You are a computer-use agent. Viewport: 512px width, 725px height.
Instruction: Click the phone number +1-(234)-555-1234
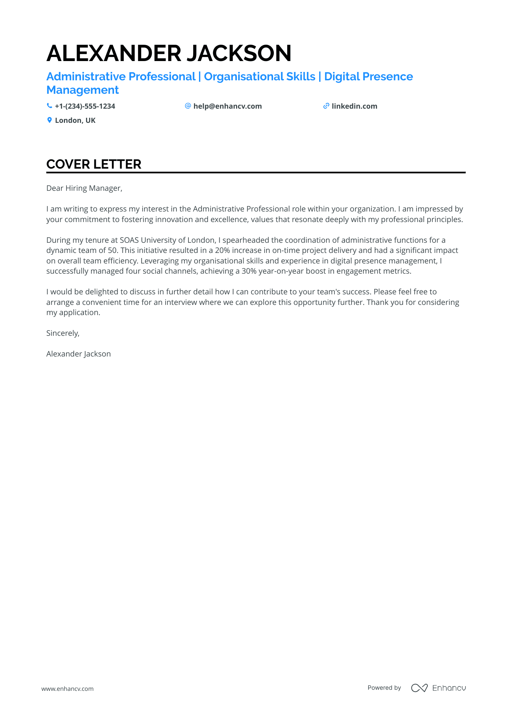pos(85,106)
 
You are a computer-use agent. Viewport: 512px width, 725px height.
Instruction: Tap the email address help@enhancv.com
pos(227,106)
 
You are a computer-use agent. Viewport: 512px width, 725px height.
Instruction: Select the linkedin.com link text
pos(354,106)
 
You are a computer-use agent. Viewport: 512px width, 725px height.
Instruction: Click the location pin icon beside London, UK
pos(49,120)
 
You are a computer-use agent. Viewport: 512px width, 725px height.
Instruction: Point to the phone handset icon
pos(49,106)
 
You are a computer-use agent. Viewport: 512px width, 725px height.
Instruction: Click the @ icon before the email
pos(188,106)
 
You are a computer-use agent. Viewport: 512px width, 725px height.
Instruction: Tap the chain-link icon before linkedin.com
pos(326,106)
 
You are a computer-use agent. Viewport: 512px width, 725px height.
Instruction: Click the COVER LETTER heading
pos(94,164)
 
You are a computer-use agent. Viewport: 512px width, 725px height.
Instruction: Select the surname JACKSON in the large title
pos(239,53)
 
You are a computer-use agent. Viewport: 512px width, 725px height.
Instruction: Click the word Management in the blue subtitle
pos(82,90)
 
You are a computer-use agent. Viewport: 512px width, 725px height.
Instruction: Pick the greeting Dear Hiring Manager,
pos(84,188)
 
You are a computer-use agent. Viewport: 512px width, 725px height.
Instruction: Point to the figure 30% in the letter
pos(249,271)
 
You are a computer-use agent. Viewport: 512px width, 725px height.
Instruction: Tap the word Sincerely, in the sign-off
pos(63,333)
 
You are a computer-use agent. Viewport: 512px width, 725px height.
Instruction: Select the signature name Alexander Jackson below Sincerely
pos(78,354)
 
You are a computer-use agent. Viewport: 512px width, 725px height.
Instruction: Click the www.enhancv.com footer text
pos(68,689)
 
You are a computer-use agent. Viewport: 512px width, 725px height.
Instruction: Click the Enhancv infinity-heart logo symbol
pos(419,688)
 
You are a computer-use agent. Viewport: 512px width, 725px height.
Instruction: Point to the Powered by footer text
pos(384,688)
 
